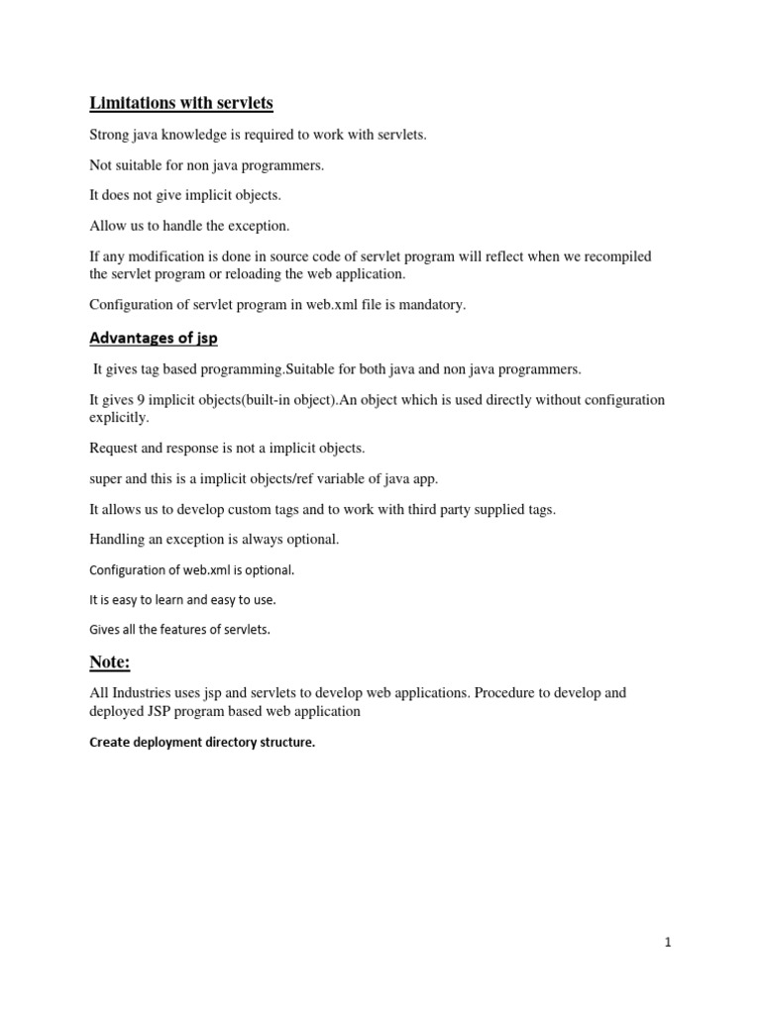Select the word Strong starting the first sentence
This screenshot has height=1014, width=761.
pyautogui.click(x=110, y=135)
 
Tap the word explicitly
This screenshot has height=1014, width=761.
pyautogui.click(x=119, y=417)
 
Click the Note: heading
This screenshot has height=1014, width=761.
pyautogui.click(x=110, y=662)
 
